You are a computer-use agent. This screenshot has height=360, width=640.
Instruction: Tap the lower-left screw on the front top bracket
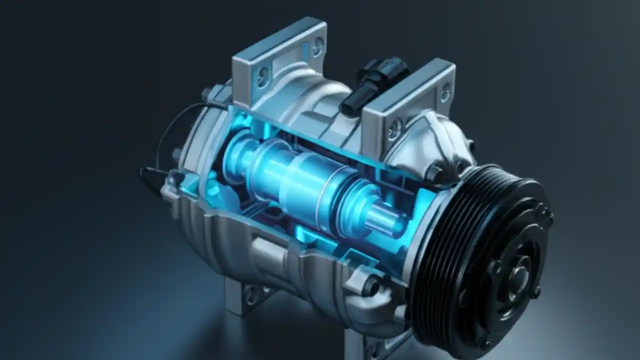pyautogui.click(x=395, y=128)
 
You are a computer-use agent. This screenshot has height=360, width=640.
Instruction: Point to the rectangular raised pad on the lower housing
pyautogui.click(x=270, y=250)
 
